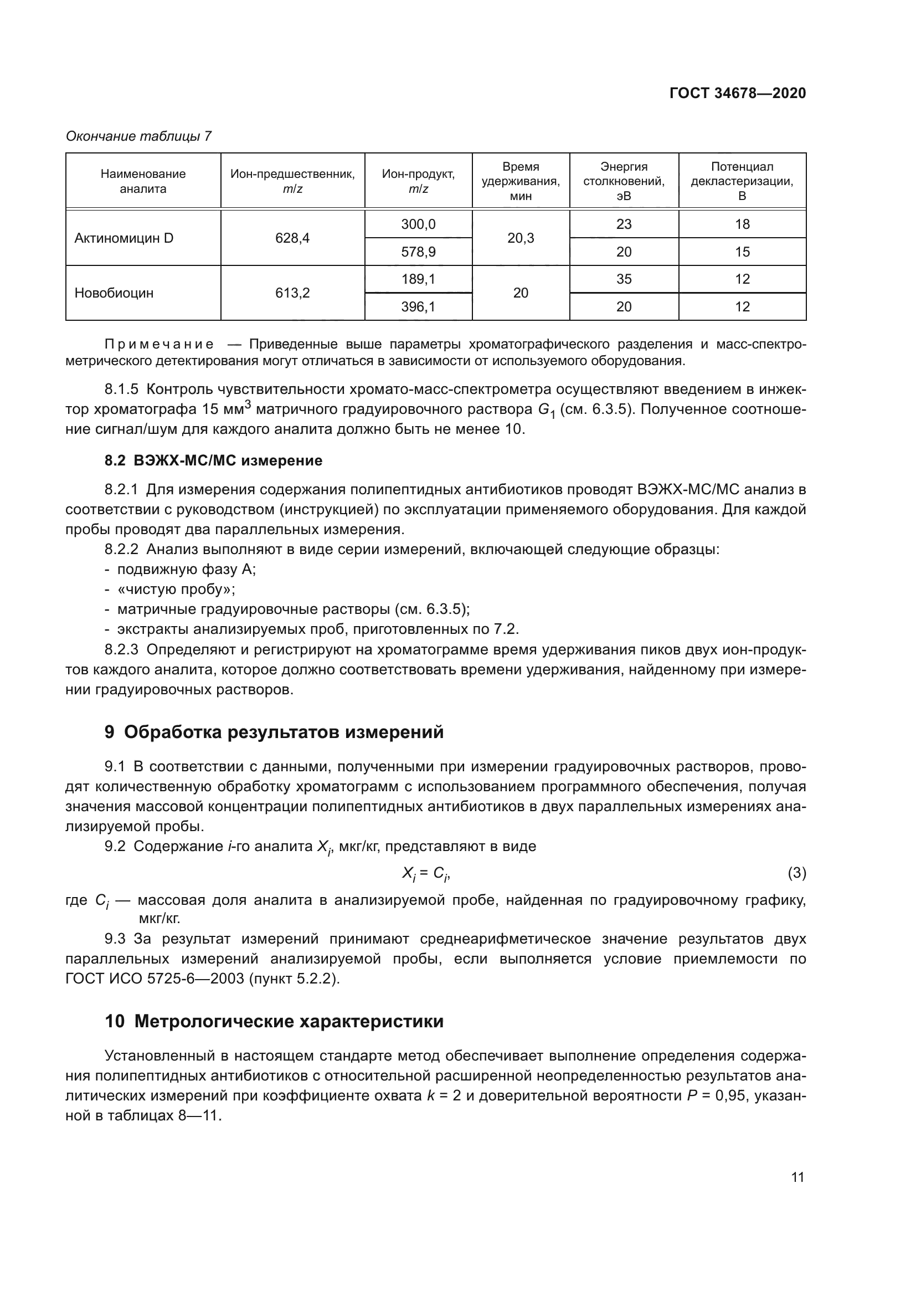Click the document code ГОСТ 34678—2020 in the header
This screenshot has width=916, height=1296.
[737, 93]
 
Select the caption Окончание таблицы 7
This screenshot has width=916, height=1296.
[139, 136]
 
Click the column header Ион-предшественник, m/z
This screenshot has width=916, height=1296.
[292, 181]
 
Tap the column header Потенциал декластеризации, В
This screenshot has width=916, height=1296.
[742, 181]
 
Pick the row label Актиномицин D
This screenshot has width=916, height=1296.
[124, 238]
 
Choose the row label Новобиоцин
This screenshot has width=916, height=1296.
[114, 293]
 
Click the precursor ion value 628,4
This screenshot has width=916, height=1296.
[292, 238]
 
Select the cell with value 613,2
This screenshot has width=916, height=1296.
[292, 293]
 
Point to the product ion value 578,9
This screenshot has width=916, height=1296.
[418, 252]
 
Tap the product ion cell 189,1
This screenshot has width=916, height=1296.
[418, 279]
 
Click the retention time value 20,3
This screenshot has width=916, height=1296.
[521, 238]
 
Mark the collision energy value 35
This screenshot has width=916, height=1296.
[624, 279]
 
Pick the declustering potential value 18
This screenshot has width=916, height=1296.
[742, 224]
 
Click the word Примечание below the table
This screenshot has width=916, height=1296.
[159, 344]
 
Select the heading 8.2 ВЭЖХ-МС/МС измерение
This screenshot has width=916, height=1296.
[213, 460]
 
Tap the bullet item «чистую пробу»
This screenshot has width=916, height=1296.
[176, 590]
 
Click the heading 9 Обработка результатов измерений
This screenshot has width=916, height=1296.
[274, 732]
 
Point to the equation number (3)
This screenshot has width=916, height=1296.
[796, 873]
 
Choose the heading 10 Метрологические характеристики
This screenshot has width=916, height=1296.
[274, 1022]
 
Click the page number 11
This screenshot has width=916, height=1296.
[797, 1177]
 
